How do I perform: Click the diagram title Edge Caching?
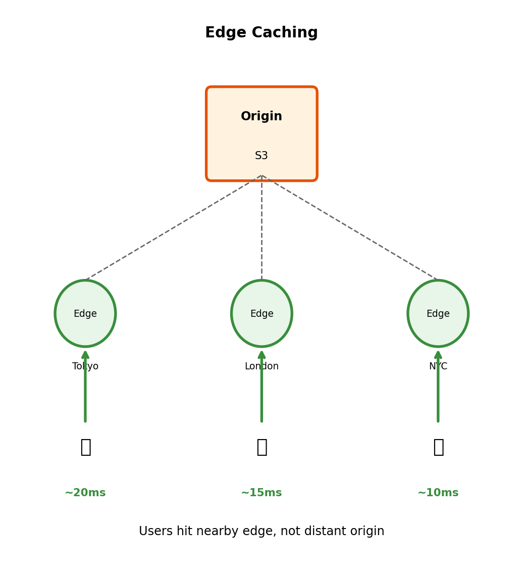tap(261, 33)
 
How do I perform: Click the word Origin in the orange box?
tap(261, 117)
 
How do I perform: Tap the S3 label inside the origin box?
tap(261, 156)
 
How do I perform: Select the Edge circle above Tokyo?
tap(85, 313)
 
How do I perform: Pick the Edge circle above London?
tap(261, 313)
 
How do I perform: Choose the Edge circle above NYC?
tap(438, 313)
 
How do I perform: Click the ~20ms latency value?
tap(85, 493)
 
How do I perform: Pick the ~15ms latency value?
tap(261, 493)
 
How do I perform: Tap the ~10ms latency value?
tap(438, 493)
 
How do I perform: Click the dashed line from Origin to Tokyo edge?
tap(174, 227)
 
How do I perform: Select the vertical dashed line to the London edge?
tap(261, 227)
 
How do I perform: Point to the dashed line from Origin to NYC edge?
tap(350, 227)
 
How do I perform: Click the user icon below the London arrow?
tap(261, 447)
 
